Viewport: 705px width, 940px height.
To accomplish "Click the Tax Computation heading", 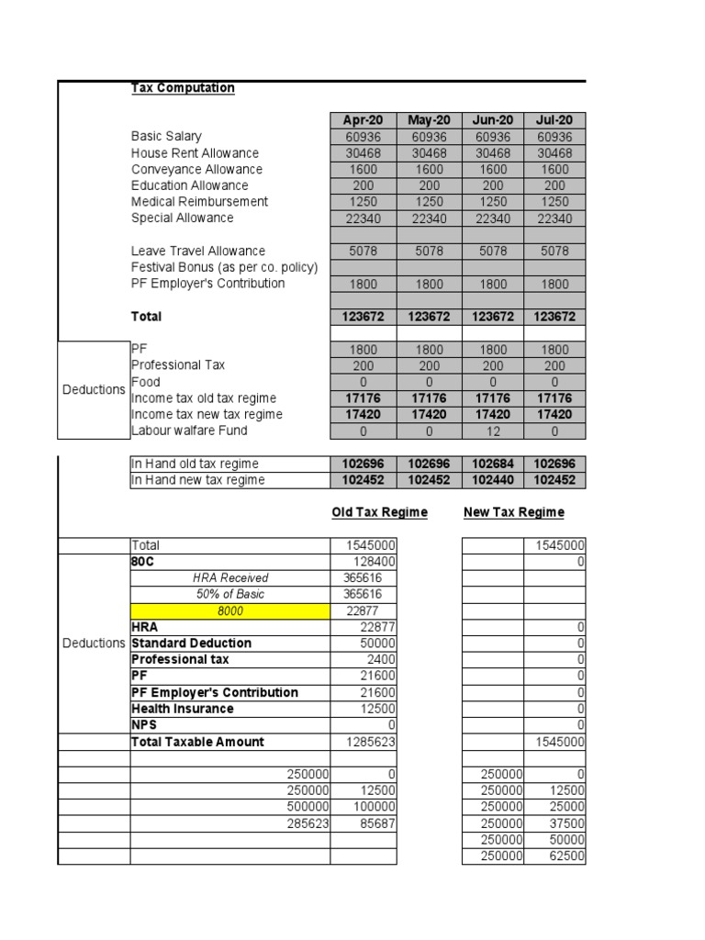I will (183, 88).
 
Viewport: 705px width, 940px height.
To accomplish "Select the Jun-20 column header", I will (493, 120).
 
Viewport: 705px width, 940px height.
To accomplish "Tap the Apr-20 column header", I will (363, 120).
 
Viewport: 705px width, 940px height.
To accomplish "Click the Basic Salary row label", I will (166, 137).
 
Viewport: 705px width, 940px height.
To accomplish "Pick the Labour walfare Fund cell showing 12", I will (493, 431).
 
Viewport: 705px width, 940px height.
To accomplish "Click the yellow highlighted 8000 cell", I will (229, 611).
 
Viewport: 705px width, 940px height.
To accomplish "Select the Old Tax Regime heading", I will (379, 512).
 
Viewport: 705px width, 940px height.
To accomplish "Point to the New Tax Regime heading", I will (513, 512).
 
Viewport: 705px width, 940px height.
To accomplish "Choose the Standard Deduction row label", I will (191, 643).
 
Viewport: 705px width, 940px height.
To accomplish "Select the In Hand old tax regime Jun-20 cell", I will (493, 464).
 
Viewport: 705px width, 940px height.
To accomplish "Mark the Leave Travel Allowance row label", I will (197, 251).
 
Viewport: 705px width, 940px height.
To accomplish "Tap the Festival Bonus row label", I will (224, 267).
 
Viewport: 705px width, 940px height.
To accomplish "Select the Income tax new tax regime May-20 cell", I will (428, 415).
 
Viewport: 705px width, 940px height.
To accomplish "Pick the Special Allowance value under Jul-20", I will (554, 218).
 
